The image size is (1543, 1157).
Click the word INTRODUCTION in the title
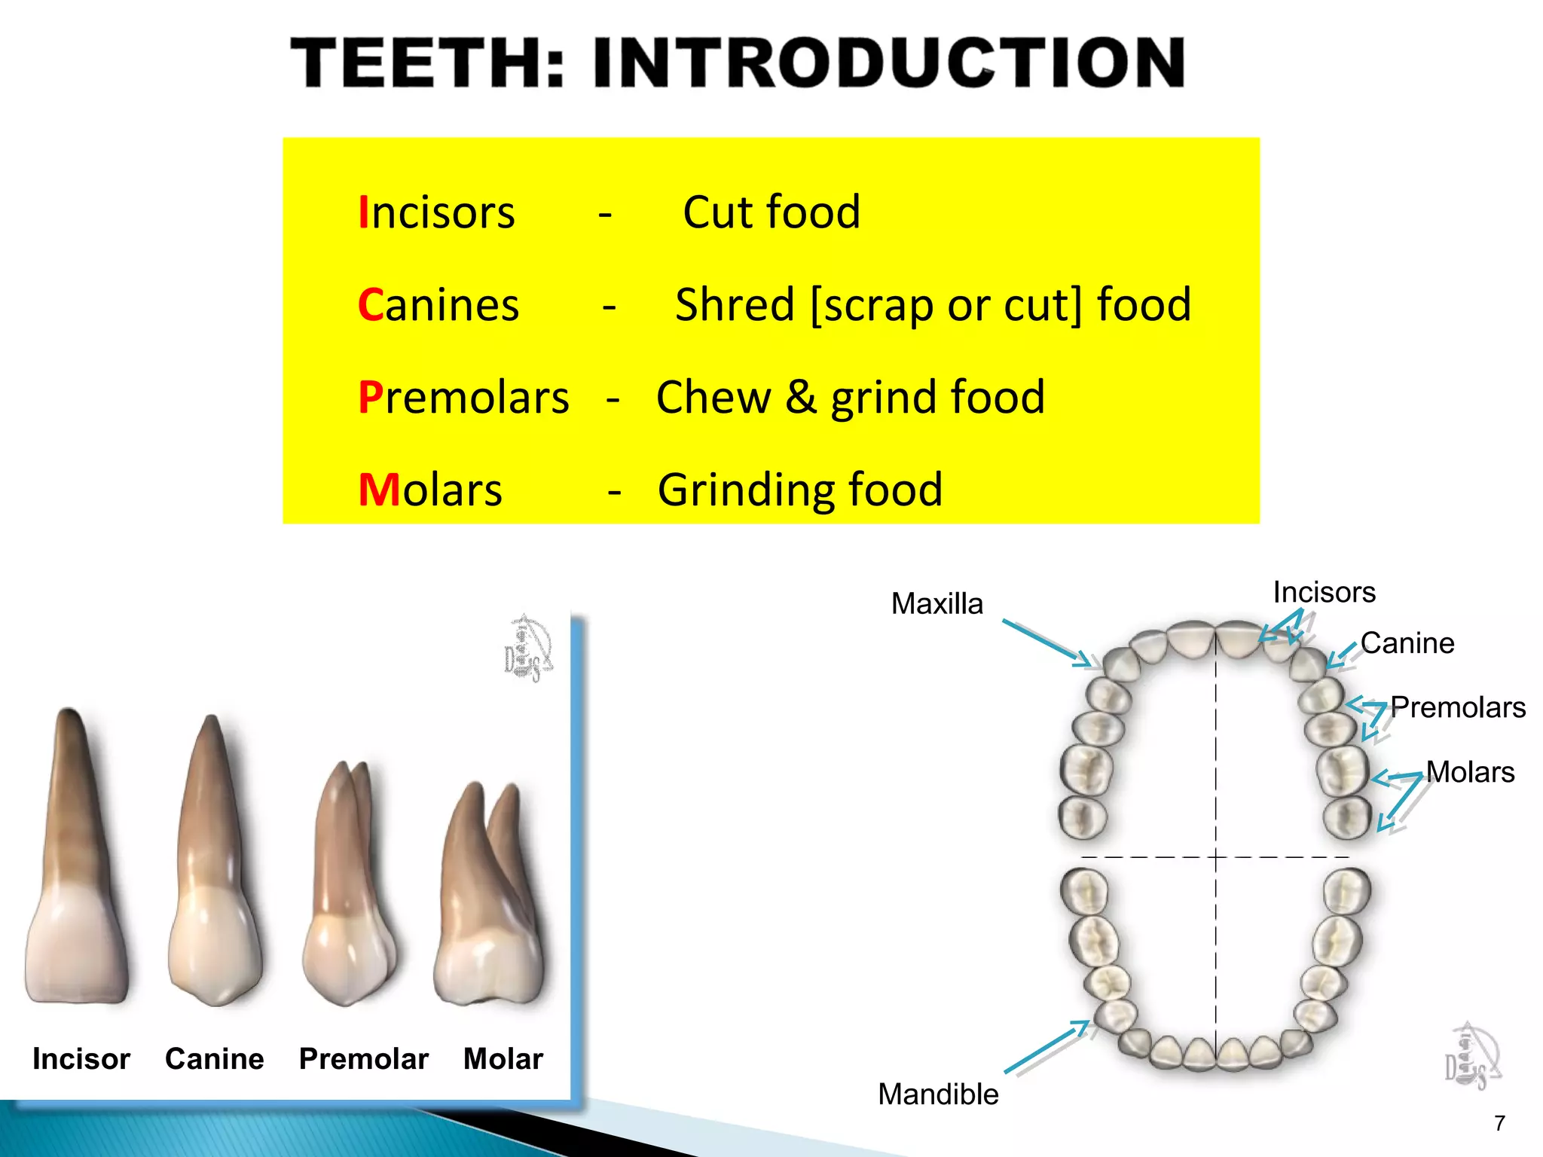pos(889,63)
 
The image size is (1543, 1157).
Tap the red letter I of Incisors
pos(363,212)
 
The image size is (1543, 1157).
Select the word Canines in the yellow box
pos(438,305)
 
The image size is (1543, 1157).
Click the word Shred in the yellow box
pos(735,305)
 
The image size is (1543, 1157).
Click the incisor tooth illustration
pos(76,866)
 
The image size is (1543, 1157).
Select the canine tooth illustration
pos(214,866)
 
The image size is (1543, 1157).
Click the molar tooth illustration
pos(490,896)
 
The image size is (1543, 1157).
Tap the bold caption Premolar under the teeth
pos(364,1059)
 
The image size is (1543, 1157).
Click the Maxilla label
pos(937,604)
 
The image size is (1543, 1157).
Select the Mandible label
pos(938,1094)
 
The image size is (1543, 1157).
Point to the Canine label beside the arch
pos(1407,643)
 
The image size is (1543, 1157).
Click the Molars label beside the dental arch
pos(1470,772)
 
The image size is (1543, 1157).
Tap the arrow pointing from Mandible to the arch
pos(1047,1047)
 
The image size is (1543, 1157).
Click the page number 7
pos(1499,1124)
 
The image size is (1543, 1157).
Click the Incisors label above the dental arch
pos(1324,593)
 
